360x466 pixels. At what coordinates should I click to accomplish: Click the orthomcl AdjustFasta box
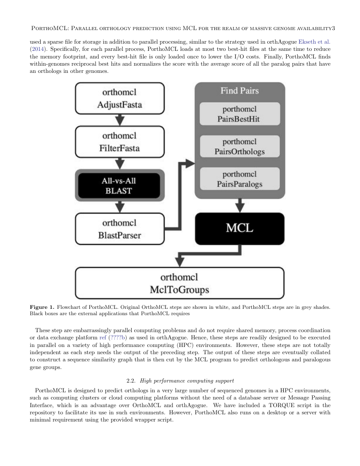pyautogui.click(x=119, y=98)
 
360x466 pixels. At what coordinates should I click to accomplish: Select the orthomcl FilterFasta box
pyautogui.click(x=119, y=142)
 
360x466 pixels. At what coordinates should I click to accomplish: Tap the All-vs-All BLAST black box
pyautogui.click(x=119, y=186)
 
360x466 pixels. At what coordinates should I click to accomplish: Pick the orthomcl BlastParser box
pyautogui.click(x=119, y=229)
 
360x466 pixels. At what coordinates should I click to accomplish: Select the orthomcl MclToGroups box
pyautogui.click(x=179, y=283)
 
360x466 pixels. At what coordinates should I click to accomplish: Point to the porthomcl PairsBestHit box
pyautogui.click(x=239, y=114)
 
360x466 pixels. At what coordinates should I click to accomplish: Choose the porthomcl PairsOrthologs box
pyautogui.click(x=239, y=147)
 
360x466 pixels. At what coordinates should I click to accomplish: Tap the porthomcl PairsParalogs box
pyautogui.click(x=239, y=179)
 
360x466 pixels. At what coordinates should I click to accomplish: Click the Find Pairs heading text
pyautogui.click(x=239, y=91)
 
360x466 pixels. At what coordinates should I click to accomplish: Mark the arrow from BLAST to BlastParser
pyautogui.click(x=120, y=206)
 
